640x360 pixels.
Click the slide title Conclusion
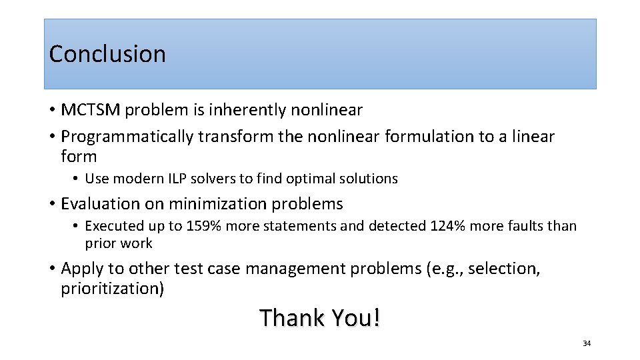(107, 54)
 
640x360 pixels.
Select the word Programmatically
(127, 137)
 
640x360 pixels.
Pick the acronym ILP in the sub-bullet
(181, 179)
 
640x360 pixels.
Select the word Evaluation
(100, 204)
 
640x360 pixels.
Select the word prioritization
(112, 289)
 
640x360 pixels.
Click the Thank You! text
(320, 318)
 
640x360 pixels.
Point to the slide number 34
(587, 343)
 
